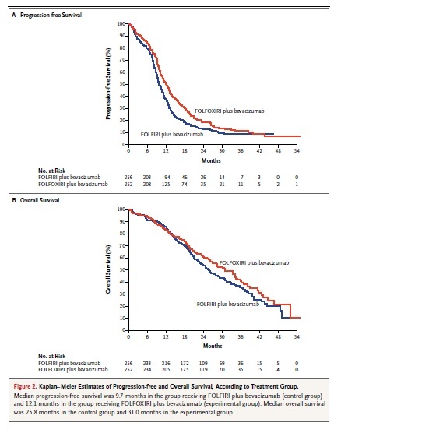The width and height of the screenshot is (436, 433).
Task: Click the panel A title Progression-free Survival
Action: coord(51,15)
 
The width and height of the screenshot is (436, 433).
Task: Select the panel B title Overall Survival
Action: coord(40,200)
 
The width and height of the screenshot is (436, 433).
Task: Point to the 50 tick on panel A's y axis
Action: coord(122,84)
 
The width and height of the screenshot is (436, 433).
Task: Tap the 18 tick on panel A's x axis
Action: coord(185,151)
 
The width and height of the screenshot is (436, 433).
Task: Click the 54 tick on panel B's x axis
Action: coord(297,336)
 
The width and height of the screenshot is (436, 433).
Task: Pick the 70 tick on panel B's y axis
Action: coord(122,245)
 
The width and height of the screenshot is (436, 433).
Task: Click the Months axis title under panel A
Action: coord(211,160)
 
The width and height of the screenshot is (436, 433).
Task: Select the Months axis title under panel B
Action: coord(213,346)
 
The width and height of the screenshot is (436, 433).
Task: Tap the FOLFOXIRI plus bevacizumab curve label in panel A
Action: coord(230,111)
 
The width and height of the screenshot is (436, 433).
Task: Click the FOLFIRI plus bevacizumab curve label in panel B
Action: coord(227,305)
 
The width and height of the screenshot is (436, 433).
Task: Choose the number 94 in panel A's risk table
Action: coord(167,177)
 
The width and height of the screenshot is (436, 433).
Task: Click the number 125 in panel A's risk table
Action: coord(166,184)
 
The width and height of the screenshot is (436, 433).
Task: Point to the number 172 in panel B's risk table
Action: coord(185,363)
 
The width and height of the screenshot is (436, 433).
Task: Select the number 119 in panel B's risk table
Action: coord(203,370)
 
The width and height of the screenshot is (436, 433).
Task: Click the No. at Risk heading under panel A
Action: coord(51,171)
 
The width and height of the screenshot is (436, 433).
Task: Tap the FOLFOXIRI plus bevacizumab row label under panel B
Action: coord(73,370)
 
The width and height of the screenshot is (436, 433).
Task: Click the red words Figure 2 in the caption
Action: coord(25,386)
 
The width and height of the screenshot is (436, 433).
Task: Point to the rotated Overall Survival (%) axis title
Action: coord(108,269)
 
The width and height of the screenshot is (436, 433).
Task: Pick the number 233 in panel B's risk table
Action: coord(147,363)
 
